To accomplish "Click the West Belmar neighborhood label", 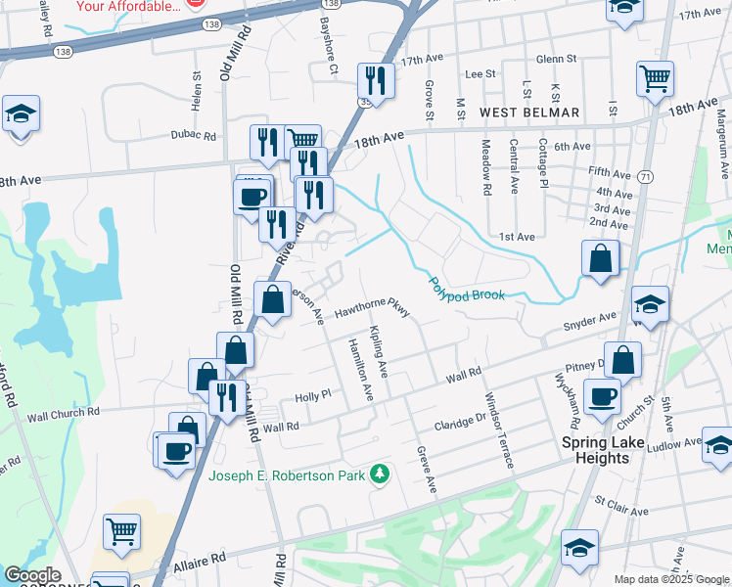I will (x=530, y=113).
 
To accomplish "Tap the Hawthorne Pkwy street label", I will (x=371, y=308).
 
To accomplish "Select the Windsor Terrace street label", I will (x=499, y=429).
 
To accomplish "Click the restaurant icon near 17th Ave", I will (x=375, y=80).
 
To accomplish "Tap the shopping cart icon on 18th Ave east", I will (x=655, y=78).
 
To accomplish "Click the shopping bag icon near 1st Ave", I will (x=601, y=259).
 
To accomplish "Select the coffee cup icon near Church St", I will (x=602, y=397).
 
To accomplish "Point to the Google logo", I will (x=32, y=576).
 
